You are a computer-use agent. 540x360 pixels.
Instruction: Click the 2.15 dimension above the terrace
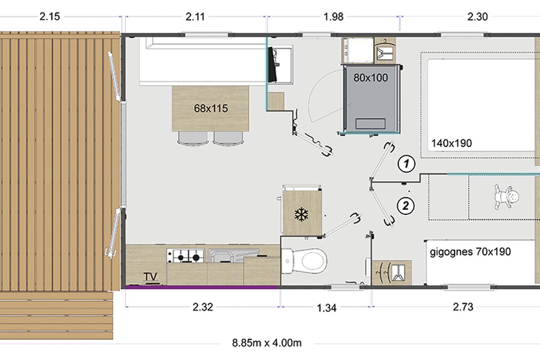(x=49, y=17)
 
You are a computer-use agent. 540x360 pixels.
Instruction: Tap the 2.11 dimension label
(x=195, y=17)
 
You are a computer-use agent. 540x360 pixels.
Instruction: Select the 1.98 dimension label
(x=333, y=17)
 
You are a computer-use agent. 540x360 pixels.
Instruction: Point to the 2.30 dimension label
(x=477, y=17)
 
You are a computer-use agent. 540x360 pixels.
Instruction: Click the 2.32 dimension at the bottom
(x=203, y=307)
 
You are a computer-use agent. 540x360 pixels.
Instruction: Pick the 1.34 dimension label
(x=326, y=308)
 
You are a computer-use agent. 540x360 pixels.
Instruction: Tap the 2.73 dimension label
(x=463, y=307)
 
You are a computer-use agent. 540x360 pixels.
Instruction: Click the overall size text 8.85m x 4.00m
(x=266, y=343)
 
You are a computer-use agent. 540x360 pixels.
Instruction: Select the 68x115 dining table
(x=211, y=108)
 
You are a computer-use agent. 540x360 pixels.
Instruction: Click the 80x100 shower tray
(x=371, y=99)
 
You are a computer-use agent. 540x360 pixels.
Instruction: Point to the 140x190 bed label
(x=451, y=143)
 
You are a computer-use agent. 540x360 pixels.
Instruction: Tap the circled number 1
(x=406, y=164)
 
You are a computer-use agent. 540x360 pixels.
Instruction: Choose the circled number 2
(x=406, y=206)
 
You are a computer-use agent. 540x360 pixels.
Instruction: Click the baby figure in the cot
(x=506, y=197)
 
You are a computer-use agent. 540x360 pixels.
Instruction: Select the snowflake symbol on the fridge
(x=301, y=215)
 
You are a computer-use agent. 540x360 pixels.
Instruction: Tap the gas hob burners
(x=185, y=256)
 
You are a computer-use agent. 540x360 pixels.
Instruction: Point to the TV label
(x=150, y=277)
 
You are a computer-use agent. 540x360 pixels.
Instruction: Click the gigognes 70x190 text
(x=470, y=252)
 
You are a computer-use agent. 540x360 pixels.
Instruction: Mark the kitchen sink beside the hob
(x=234, y=256)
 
